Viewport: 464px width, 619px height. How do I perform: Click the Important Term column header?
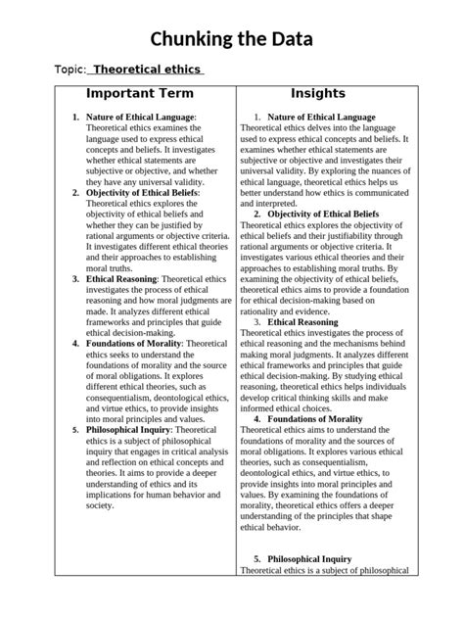click(x=140, y=94)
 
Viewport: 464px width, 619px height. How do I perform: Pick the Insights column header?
click(x=319, y=94)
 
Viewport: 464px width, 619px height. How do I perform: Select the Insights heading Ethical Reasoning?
click(x=307, y=321)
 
